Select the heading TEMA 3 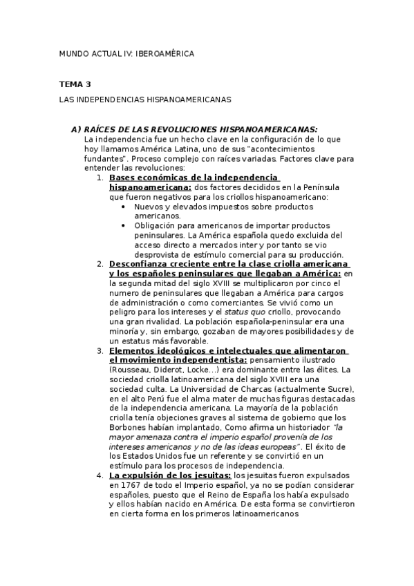click(75, 84)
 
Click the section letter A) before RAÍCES click(76, 129)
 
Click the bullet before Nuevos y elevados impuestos click(124, 207)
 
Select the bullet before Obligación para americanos click(124, 225)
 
